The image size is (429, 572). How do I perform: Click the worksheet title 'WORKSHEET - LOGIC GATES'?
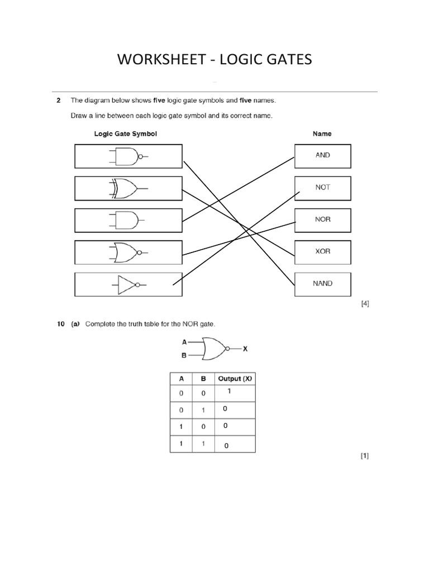coord(214,59)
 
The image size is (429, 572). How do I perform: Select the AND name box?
coord(322,155)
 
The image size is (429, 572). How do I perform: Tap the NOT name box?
coord(322,188)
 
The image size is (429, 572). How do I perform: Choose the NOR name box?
coord(322,220)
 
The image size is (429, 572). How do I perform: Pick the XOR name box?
coord(322,251)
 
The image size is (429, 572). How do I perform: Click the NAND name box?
coord(322,283)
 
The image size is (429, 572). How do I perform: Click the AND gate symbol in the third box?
coord(126,220)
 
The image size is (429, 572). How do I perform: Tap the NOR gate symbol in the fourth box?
coord(127,252)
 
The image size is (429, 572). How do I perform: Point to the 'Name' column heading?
coord(322,134)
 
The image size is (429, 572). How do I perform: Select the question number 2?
coord(58,101)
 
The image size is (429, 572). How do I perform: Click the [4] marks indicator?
coord(365,304)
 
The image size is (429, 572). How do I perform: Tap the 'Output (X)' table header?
coord(235,378)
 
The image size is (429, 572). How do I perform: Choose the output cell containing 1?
coord(229,392)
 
